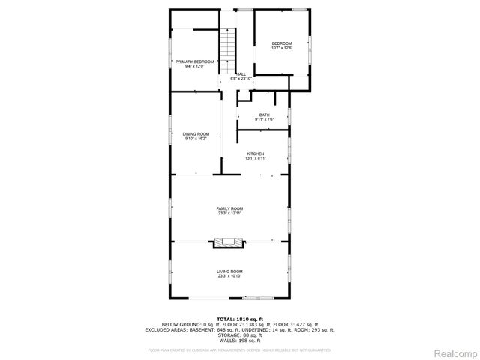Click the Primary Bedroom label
click(194, 61)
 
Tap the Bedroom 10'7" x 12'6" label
click(281, 44)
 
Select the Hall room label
click(241, 73)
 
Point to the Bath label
click(265, 115)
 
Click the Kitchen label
click(256, 154)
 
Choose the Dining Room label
click(196, 133)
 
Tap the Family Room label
click(229, 208)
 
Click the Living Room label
click(229, 271)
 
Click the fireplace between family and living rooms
click(229, 241)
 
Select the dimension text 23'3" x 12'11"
click(229, 214)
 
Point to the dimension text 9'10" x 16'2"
click(196, 139)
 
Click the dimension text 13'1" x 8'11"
click(256, 158)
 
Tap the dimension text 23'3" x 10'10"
click(229, 275)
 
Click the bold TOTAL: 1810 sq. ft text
click(240, 319)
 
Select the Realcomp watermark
click(457, 353)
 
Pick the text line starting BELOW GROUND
click(240, 324)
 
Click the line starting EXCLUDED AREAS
click(240, 329)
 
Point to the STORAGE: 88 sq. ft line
click(240, 334)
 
